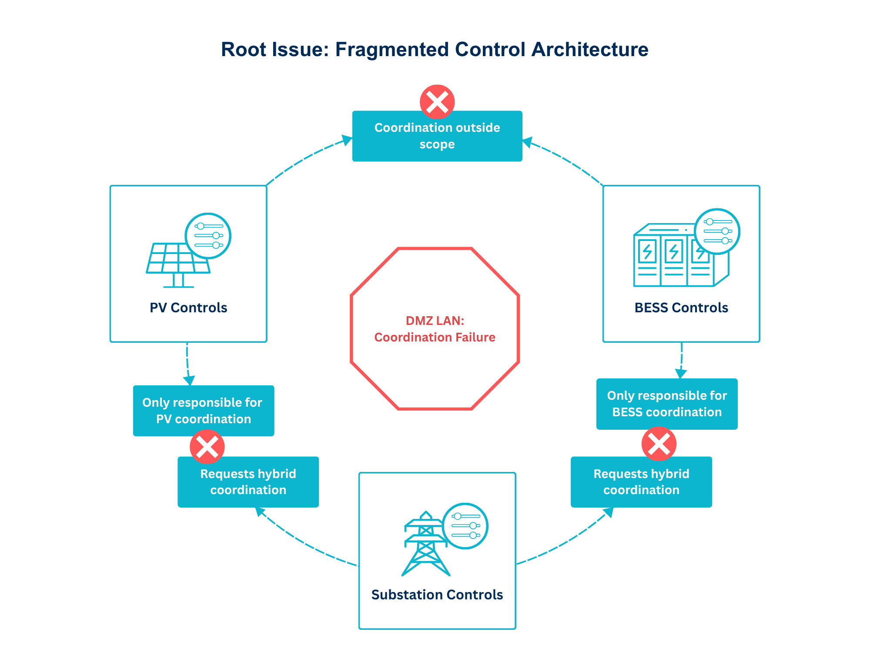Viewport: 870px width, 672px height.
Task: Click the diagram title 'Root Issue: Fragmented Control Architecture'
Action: pyautogui.click(x=435, y=50)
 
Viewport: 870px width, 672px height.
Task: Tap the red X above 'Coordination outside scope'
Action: pyautogui.click(x=437, y=102)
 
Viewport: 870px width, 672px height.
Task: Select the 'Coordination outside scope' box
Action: pyautogui.click(x=437, y=136)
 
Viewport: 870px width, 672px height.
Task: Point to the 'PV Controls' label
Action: pyautogui.click(x=188, y=308)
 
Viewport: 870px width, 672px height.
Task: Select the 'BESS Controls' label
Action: pyautogui.click(x=681, y=308)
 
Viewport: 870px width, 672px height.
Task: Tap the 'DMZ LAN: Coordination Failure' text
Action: pyautogui.click(x=435, y=329)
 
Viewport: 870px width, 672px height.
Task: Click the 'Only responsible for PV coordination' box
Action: pyautogui.click(x=204, y=411)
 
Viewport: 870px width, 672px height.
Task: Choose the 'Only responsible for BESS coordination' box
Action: pyautogui.click(x=667, y=404)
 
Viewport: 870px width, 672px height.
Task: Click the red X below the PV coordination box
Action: pyautogui.click(x=207, y=447)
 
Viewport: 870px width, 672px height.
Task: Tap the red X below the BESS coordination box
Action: pyautogui.click(x=659, y=444)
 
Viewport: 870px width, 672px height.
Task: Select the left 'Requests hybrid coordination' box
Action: pyautogui.click(x=248, y=482)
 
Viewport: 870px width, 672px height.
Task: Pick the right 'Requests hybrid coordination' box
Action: pyautogui.click(x=641, y=482)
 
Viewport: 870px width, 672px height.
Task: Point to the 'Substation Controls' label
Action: pyautogui.click(x=437, y=595)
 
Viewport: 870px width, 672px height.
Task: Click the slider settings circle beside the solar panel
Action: pyautogui.click(x=208, y=236)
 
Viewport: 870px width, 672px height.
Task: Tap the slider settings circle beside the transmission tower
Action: pyautogui.click(x=465, y=526)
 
